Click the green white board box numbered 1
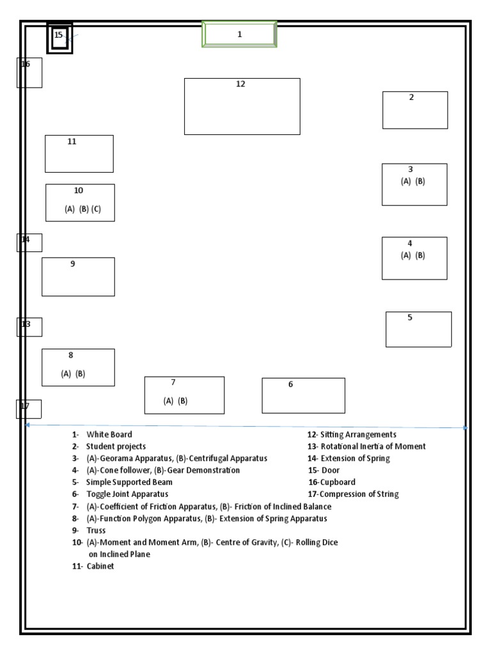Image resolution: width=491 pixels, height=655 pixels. coord(240,34)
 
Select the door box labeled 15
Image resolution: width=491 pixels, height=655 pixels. coord(59,38)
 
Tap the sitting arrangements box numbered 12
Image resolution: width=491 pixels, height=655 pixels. coord(242,106)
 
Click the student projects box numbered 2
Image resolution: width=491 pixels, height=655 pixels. coord(415,110)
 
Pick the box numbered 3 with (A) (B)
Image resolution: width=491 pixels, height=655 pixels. coord(414,184)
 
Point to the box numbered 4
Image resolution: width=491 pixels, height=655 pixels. coord(414,258)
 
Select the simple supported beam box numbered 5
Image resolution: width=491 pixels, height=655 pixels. coord(418,329)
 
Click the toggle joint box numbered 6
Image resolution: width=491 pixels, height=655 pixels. coord(303,395)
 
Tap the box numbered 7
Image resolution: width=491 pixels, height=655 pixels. coord(184,395)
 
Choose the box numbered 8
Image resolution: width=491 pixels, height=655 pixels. coord(78,367)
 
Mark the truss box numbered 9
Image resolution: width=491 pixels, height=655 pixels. coord(78,276)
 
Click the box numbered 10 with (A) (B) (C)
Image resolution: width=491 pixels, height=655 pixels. coord(80,203)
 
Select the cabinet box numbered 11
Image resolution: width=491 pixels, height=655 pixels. coord(79,154)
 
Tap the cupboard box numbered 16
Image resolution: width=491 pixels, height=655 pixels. coord(29,72)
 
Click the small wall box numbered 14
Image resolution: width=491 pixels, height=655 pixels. coord(29,242)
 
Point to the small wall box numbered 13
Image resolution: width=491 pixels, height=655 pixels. coord(29,327)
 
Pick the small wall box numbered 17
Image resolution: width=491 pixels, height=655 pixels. coord(29,409)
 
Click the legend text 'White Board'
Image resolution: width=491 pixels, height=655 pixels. coord(109,434)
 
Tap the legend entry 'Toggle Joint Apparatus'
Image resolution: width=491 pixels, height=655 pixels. coord(127,494)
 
